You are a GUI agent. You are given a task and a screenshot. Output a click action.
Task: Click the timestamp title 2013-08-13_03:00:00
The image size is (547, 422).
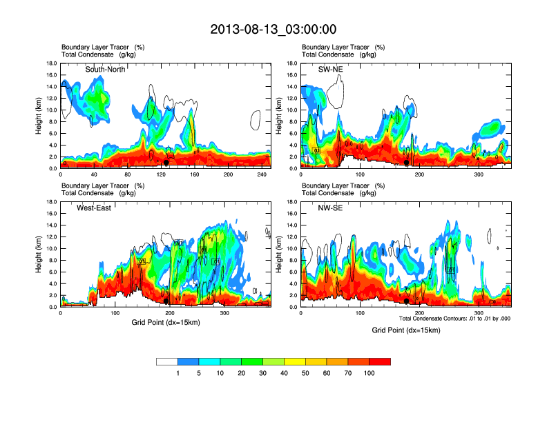[273, 29]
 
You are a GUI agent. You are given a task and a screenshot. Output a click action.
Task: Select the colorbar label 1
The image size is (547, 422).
[177, 373]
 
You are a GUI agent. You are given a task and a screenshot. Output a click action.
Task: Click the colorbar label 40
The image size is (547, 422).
[284, 373]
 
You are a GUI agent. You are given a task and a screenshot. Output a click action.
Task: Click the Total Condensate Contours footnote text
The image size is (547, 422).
[454, 319]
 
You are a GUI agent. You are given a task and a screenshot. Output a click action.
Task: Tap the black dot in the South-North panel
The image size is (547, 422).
[166, 163]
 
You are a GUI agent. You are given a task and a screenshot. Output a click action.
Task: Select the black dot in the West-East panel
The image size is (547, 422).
[166, 301]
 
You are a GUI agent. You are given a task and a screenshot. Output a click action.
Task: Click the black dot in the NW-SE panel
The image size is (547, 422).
[406, 301]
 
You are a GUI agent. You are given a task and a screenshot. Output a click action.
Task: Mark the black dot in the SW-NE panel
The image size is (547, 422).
[406, 163]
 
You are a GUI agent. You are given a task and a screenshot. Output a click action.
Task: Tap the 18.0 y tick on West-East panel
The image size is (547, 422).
[50, 202]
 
